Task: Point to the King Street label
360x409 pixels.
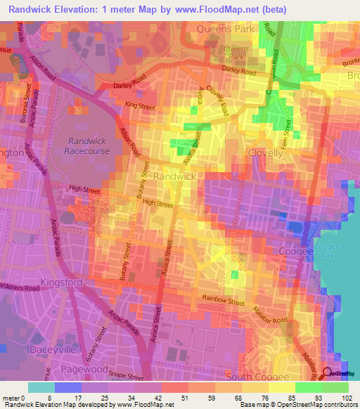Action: (x=139, y=105)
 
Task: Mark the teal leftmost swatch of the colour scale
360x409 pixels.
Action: (x=41, y=387)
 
